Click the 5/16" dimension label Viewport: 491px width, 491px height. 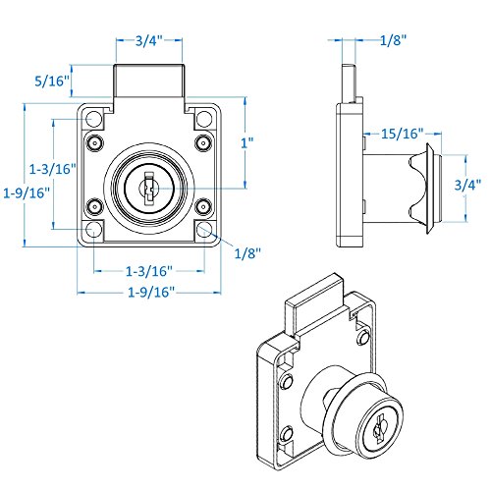pyautogui.click(x=52, y=81)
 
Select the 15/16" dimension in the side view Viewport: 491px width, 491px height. pyautogui.click(x=403, y=134)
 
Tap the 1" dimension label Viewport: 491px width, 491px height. pyautogui.click(x=247, y=142)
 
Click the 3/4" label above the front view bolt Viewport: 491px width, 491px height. pyautogui.click(x=149, y=40)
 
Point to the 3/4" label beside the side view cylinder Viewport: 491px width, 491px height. pyautogui.click(x=467, y=185)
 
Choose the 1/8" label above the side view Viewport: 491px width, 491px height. pyautogui.click(x=393, y=40)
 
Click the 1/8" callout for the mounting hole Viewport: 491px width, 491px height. pyautogui.click(x=247, y=253)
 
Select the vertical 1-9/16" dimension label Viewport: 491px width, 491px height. pyautogui.click(x=27, y=192)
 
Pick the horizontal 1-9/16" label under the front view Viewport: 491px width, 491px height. pyautogui.click(x=151, y=292)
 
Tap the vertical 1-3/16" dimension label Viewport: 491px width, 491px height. pyautogui.click(x=53, y=169)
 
